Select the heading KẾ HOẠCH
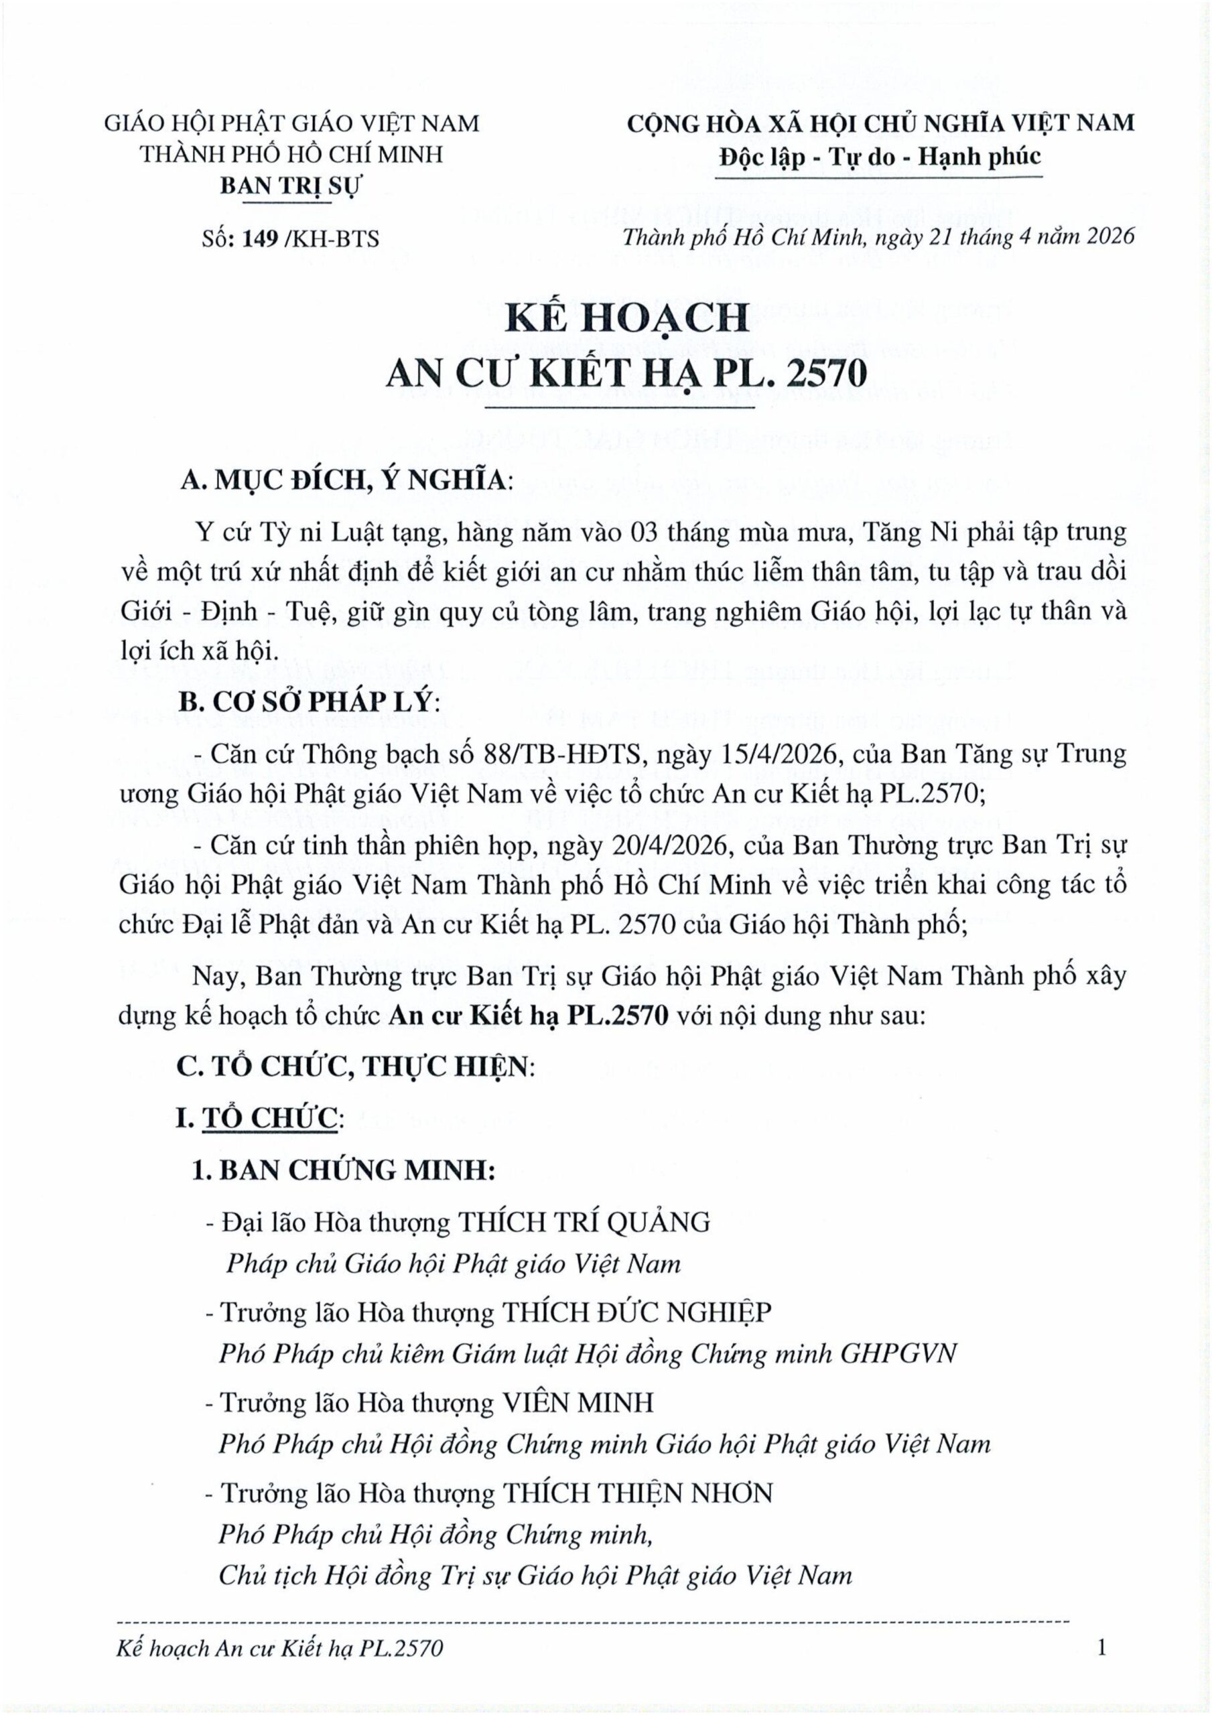click(626, 318)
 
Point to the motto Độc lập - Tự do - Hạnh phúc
click(880, 157)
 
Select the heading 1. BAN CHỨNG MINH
click(343, 1170)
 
